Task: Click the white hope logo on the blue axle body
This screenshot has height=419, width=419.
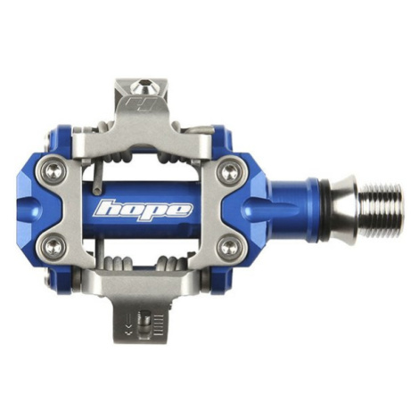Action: click(143, 210)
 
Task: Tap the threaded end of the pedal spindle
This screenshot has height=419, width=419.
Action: click(382, 209)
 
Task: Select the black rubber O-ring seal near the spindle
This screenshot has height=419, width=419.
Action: click(325, 209)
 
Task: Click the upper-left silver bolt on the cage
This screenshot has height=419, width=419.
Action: click(53, 171)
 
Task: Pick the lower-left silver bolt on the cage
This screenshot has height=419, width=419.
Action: click(53, 246)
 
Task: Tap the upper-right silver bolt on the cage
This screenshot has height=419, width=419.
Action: click(228, 172)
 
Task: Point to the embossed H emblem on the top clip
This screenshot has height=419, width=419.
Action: click(141, 105)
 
